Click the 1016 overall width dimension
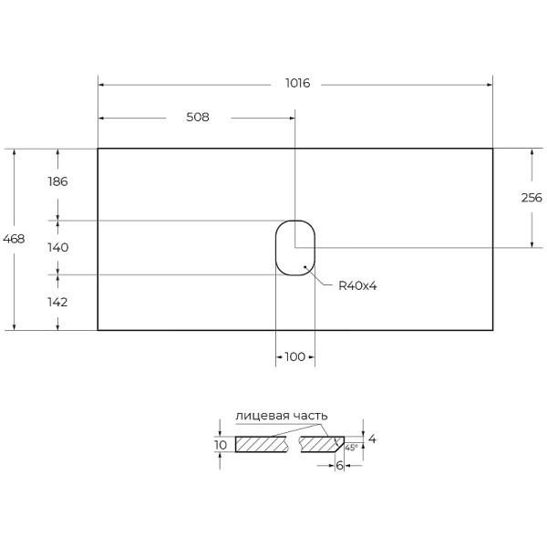pyautogui.click(x=296, y=84)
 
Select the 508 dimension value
pyautogui.click(x=198, y=118)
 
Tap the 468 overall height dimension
pyautogui.click(x=15, y=239)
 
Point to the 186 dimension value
pyautogui.click(x=57, y=181)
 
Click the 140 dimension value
pyautogui.click(x=57, y=247)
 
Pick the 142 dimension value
pyautogui.click(x=57, y=302)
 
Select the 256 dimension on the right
pyautogui.click(x=532, y=198)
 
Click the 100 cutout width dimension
pyautogui.click(x=294, y=357)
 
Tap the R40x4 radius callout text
pyautogui.click(x=357, y=286)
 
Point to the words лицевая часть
pyautogui.click(x=281, y=416)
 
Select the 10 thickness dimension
pyautogui.click(x=221, y=445)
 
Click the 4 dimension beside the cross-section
pyautogui.click(x=372, y=439)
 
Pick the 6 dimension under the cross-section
pyautogui.click(x=339, y=466)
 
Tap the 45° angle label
pyautogui.click(x=350, y=449)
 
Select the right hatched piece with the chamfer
pyautogui.click(x=321, y=445)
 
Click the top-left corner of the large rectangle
pyautogui.click(x=98, y=149)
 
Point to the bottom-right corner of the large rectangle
pyautogui.click(x=493, y=329)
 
